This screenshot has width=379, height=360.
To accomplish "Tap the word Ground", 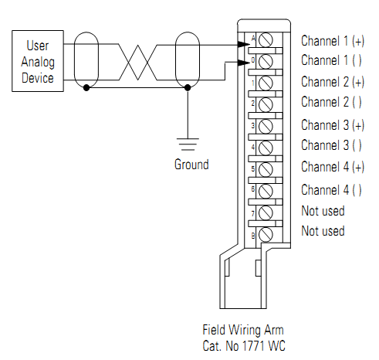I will point(191,165).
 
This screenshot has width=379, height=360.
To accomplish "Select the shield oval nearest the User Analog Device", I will point(86,57).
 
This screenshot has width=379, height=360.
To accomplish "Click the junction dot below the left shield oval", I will point(86,88).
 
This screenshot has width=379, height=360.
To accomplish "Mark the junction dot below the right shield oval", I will point(188,88).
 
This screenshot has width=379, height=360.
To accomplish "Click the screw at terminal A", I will point(266,39).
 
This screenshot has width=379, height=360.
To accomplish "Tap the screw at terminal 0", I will point(266,60).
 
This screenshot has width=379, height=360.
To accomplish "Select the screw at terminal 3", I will point(266,125).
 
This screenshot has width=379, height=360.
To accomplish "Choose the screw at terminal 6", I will point(266,189).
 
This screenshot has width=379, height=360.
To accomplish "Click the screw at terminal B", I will point(266,233).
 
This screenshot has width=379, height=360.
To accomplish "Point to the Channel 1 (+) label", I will point(333,39).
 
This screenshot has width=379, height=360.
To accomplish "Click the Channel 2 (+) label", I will point(333,82).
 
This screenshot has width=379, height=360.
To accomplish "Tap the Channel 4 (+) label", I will point(333,168).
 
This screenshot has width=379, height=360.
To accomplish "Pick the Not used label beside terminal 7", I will point(323,211).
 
